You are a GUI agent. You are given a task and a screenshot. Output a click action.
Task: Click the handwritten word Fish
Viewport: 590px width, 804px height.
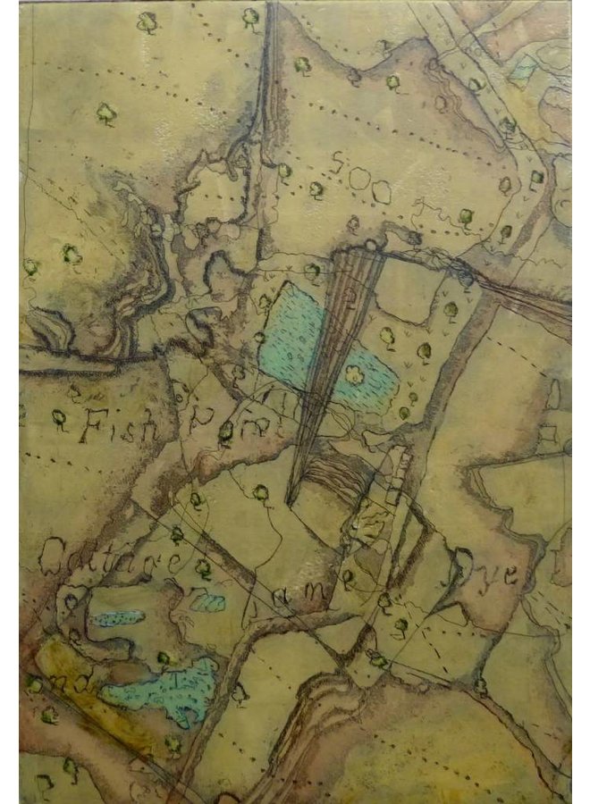click(117, 425)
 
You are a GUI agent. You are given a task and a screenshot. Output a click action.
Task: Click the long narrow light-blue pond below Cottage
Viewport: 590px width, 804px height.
click(117, 618)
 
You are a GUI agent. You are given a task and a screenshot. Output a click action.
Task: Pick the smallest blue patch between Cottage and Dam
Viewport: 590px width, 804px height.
click(207, 602)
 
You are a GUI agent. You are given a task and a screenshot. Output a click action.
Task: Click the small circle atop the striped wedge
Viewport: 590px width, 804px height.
click(370, 244)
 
